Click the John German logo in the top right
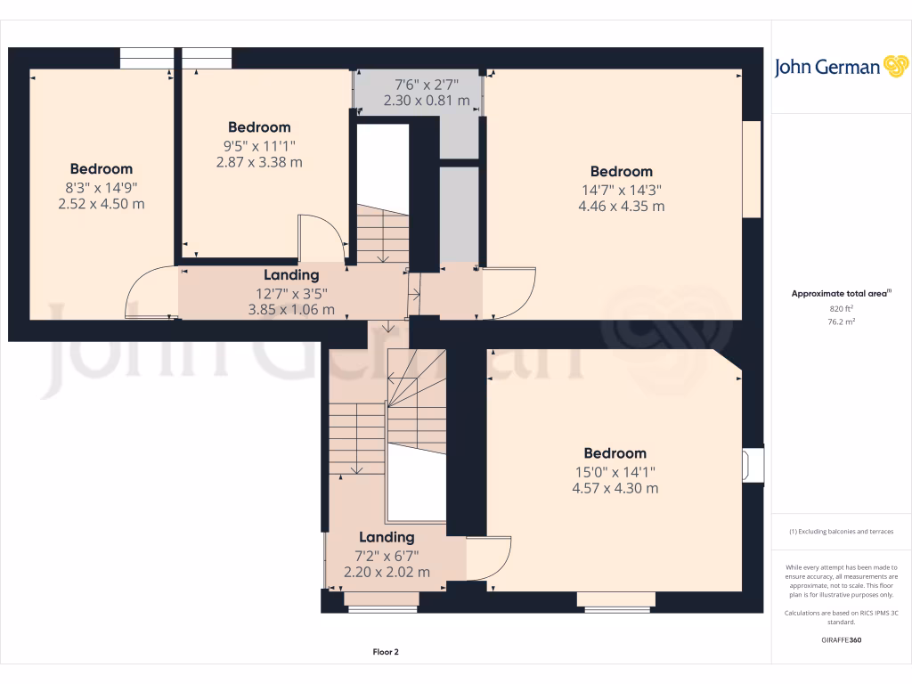(x=841, y=67)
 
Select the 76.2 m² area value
(x=841, y=322)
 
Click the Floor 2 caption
(x=386, y=652)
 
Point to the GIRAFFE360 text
(x=841, y=639)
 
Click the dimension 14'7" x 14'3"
(x=621, y=189)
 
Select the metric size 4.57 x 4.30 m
(x=615, y=488)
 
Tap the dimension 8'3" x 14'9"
(x=102, y=186)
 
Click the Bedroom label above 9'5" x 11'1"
(x=259, y=127)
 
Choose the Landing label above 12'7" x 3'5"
(x=291, y=275)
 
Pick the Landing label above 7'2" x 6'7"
(x=387, y=537)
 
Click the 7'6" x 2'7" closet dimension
(x=426, y=85)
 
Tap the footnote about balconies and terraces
(x=841, y=532)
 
